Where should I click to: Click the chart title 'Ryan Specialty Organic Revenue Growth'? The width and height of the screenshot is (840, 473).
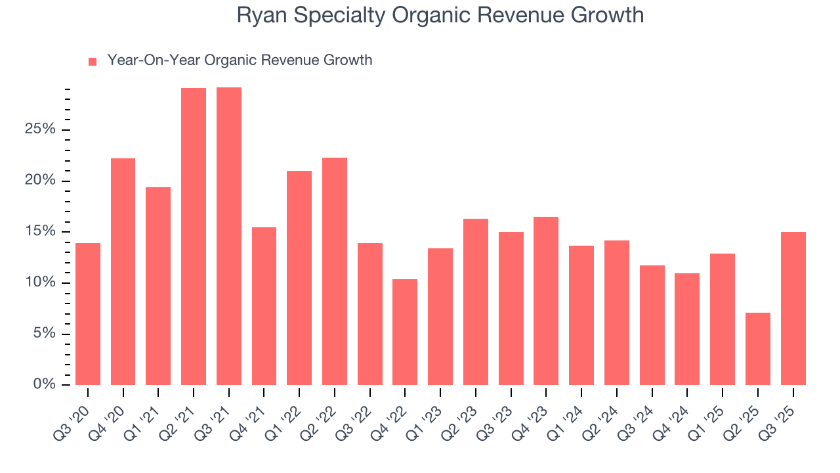440,15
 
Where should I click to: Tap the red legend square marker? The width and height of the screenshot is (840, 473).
93,61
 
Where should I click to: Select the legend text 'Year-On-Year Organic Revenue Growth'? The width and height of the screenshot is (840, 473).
240,60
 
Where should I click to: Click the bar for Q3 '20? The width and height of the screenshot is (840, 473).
88,314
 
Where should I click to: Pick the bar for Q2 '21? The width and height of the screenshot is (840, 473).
194,236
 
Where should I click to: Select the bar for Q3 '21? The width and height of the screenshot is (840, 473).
229,236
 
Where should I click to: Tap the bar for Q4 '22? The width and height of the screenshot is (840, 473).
405,332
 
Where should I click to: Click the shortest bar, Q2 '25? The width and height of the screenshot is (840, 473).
757,349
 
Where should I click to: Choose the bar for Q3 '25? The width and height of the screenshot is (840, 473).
793,308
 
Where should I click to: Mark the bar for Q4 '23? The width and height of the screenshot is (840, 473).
546,301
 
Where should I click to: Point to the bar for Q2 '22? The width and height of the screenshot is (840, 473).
335,271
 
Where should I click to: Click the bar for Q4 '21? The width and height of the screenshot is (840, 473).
264,306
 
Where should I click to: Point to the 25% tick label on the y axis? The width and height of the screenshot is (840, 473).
40,129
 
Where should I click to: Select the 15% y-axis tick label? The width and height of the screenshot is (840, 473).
40,232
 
